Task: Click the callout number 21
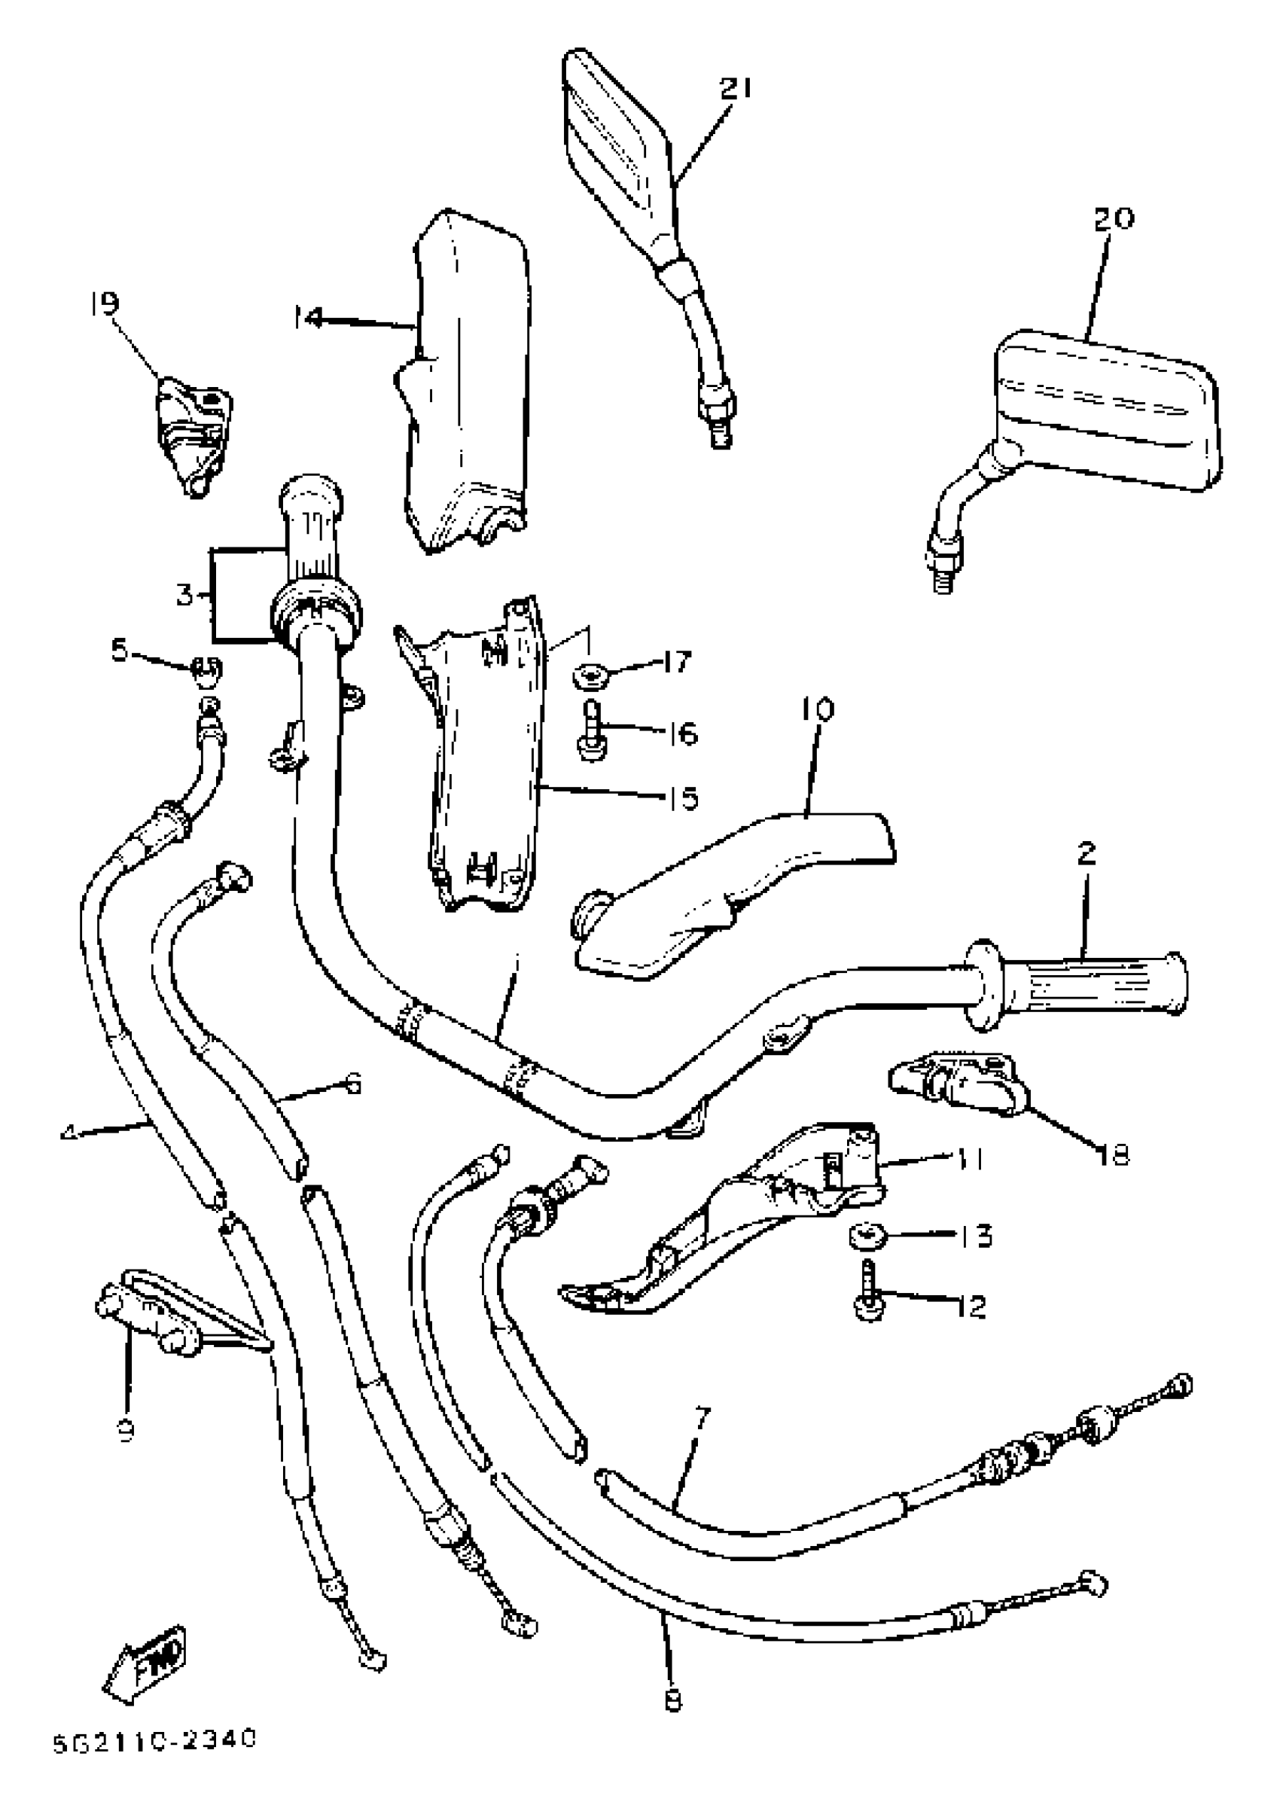pos(736,87)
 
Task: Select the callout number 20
pos(1114,218)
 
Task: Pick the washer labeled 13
pos(867,1236)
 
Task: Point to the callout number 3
pos(184,594)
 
